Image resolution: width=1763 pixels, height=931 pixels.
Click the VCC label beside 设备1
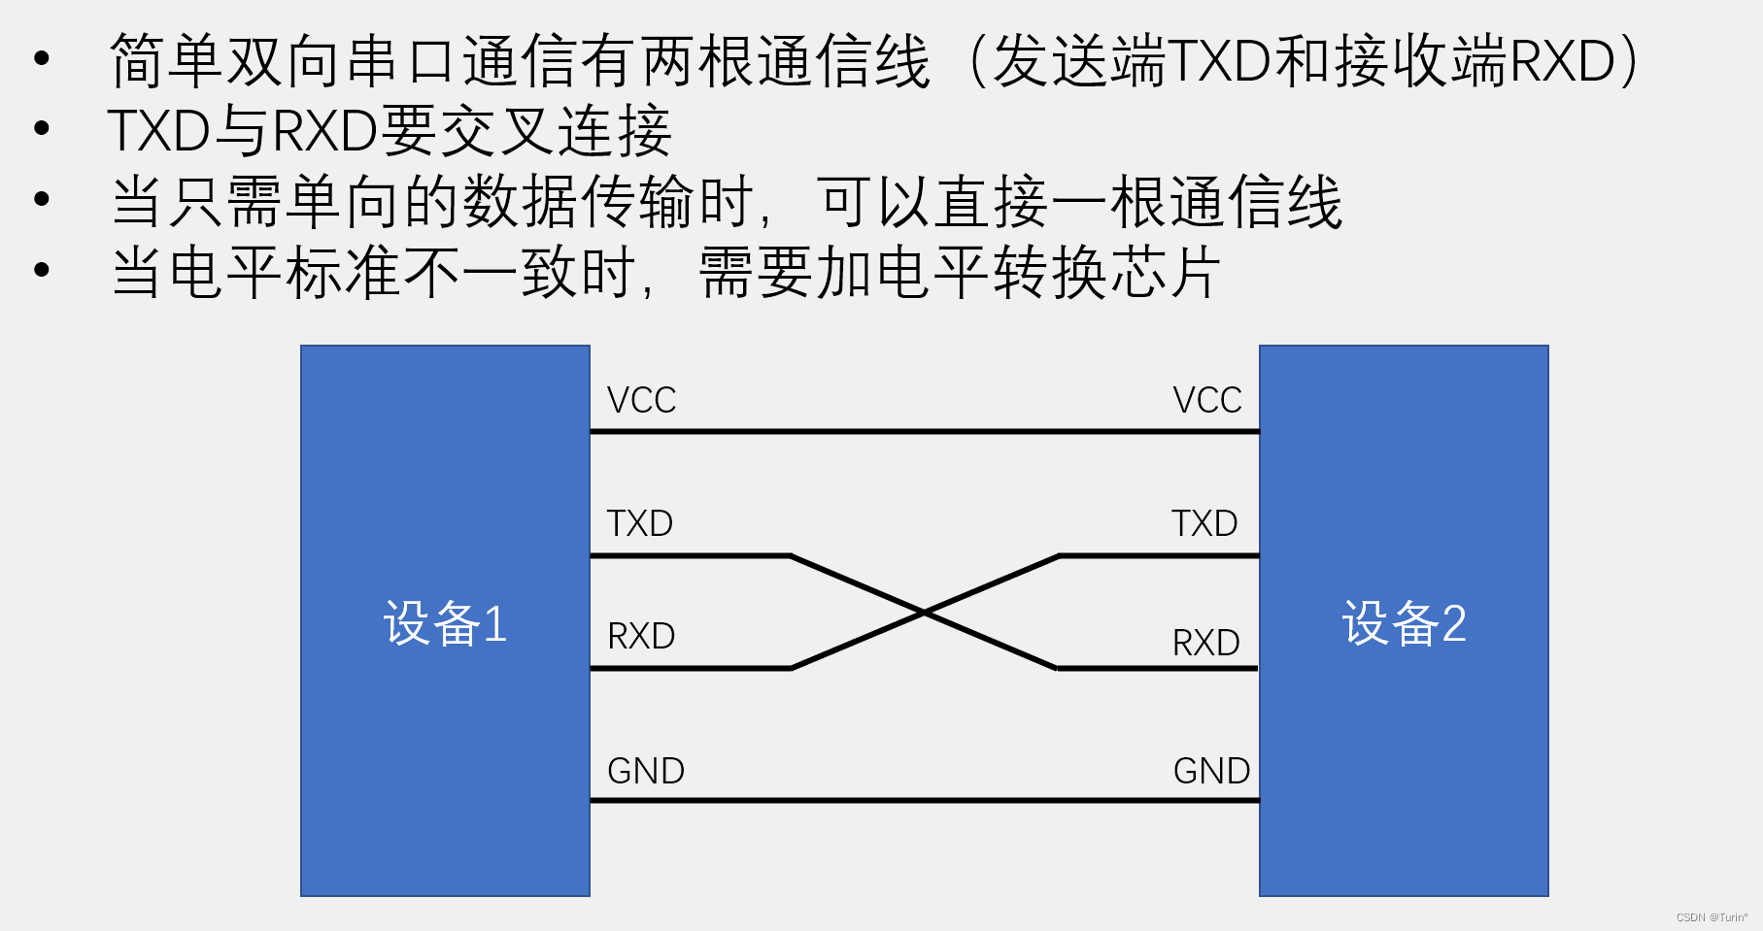point(641,400)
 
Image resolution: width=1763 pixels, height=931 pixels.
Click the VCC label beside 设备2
point(1206,400)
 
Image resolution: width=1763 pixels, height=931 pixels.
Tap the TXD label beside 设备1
point(639,523)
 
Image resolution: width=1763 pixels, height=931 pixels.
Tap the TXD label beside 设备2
point(1204,523)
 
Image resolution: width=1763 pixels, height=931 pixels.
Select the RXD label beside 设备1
point(640,636)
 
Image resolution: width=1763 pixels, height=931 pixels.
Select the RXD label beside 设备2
point(1205,643)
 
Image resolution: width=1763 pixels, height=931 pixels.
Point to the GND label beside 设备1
point(646,771)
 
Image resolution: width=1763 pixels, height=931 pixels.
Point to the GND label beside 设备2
point(1211,771)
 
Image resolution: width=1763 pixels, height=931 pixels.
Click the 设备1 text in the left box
point(445,623)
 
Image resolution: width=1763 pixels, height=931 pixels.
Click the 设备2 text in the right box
point(1404,623)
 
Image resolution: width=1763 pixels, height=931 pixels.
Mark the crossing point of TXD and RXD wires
point(924,613)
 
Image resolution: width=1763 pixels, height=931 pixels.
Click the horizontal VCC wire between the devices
point(924,431)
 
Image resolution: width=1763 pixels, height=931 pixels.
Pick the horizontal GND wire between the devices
point(924,801)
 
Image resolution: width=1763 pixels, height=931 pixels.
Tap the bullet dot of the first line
point(41,58)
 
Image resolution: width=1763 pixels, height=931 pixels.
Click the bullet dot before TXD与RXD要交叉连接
point(41,128)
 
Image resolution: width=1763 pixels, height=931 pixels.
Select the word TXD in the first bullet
point(1219,61)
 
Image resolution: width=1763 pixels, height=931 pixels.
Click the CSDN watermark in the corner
point(1711,917)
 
